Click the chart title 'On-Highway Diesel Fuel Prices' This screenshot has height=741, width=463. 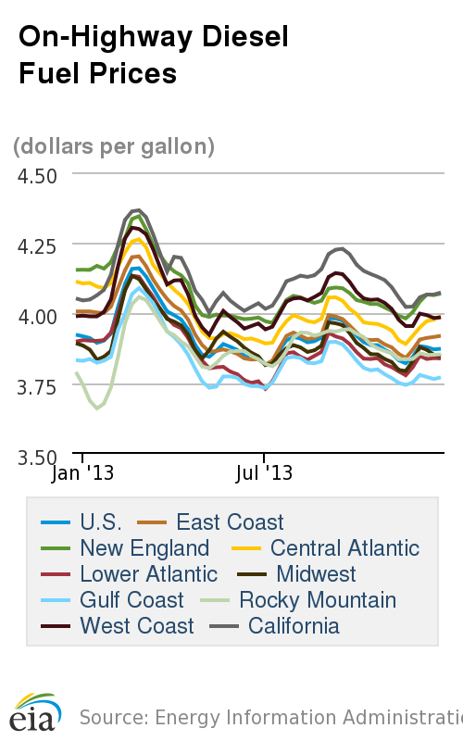point(154,54)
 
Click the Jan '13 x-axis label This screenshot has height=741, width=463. point(81,473)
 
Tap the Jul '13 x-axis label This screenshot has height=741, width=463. point(264,473)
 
